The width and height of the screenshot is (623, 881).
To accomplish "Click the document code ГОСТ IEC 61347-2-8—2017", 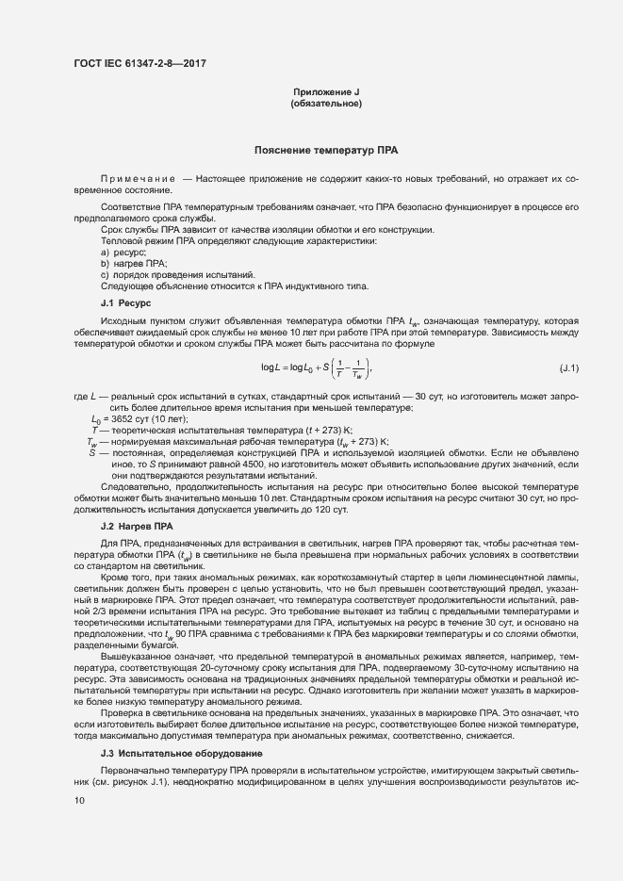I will coord(139,64).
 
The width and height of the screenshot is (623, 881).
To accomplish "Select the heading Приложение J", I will coord(327,91).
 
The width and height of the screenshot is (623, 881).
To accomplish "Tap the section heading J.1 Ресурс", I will coord(124,302).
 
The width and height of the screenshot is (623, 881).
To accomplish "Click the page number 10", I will coord(79,800).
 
